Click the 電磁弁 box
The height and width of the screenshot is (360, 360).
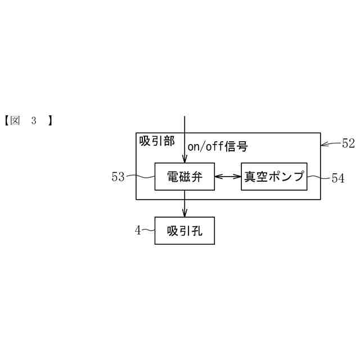(x=184, y=177)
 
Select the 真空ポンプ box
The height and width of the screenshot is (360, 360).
(x=274, y=177)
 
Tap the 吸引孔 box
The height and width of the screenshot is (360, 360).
(x=184, y=231)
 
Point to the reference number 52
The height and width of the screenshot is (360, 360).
(x=348, y=143)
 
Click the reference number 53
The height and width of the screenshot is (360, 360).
(x=118, y=177)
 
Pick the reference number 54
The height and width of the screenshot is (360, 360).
(x=337, y=178)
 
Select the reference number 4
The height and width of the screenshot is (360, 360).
(x=137, y=229)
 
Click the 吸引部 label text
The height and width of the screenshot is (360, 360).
(x=157, y=141)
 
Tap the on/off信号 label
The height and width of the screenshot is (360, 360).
(x=217, y=147)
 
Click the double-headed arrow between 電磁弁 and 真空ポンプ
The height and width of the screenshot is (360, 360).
(x=228, y=177)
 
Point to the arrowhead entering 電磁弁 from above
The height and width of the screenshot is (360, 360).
(x=184, y=159)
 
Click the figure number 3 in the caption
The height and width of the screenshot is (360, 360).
(x=34, y=120)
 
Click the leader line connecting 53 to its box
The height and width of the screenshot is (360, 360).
(x=140, y=177)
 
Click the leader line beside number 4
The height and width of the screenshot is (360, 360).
(x=148, y=230)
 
